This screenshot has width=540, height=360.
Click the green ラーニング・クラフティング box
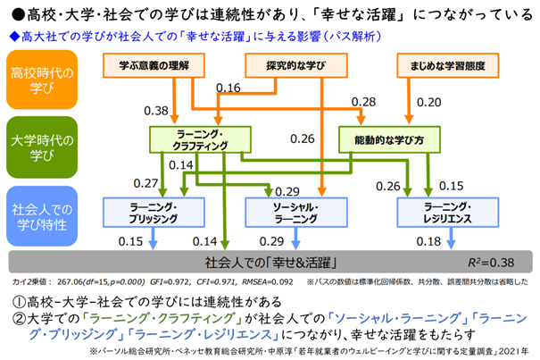tap(196, 139)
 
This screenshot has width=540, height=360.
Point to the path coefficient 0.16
tap(228, 88)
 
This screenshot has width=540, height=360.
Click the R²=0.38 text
tap(492, 264)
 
